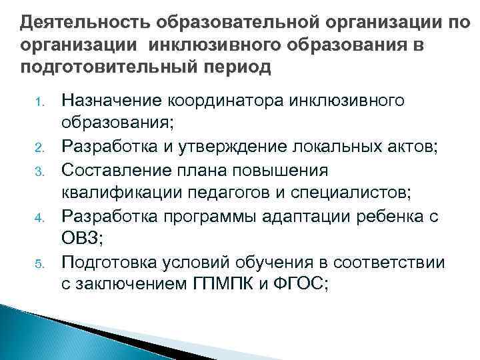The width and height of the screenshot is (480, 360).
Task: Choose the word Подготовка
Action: tap(107, 262)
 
